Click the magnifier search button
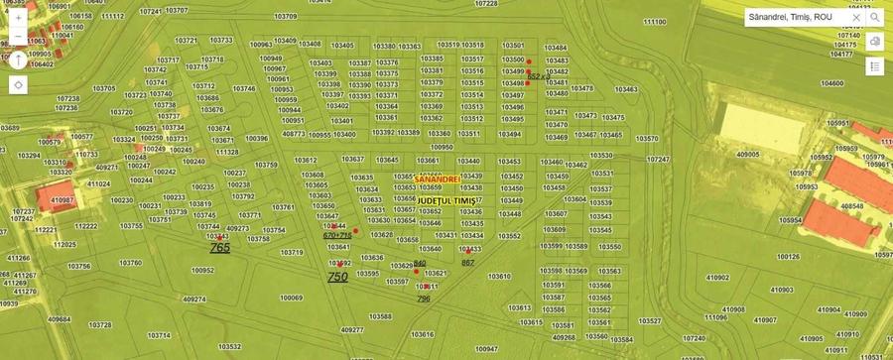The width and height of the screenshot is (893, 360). [875, 17]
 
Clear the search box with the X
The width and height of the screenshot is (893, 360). [855, 17]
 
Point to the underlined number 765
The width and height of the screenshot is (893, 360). [219, 248]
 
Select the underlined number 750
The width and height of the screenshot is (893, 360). [337, 278]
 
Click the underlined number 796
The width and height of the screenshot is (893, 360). [424, 298]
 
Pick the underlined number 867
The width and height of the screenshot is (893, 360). [468, 262]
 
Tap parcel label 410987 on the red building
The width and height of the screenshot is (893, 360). [63, 200]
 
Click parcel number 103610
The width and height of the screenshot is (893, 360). [498, 277]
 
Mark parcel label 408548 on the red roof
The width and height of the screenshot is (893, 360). [851, 206]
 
